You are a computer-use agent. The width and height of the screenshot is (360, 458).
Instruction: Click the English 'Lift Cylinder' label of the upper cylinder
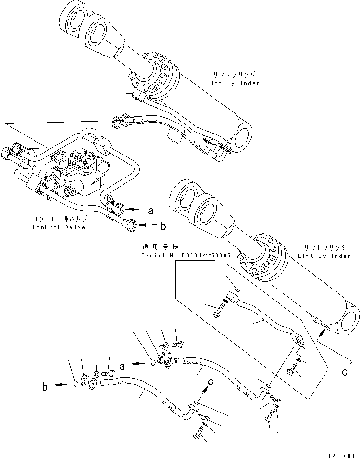[233, 83]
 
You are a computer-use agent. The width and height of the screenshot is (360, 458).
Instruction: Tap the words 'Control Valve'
[59, 227]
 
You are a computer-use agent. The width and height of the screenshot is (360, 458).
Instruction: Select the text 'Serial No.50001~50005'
[185, 256]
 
